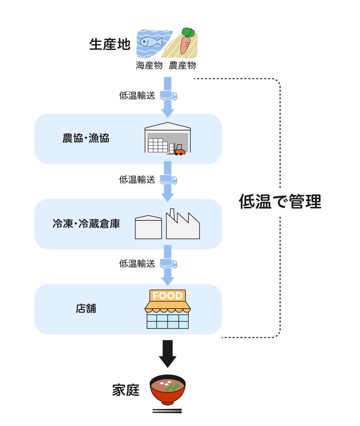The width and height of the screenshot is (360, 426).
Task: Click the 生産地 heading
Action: [110, 45]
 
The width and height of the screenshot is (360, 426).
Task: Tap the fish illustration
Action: [151, 41]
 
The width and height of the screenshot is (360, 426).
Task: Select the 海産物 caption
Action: [149, 65]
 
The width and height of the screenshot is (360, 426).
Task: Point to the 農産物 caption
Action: [182, 65]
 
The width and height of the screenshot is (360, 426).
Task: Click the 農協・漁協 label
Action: [86, 138]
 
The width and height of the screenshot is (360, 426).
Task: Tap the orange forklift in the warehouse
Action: [180, 150]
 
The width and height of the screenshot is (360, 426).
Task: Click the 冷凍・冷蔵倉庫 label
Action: [86, 224]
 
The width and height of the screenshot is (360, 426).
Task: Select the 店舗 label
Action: [86, 309]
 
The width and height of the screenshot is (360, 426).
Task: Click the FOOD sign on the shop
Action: [168, 296]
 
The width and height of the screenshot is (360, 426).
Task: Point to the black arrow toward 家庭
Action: [168, 353]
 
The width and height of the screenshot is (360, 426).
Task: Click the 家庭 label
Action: [126, 390]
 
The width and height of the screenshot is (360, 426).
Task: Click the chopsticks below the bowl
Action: [167, 411]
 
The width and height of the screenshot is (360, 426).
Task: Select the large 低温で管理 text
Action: [280, 201]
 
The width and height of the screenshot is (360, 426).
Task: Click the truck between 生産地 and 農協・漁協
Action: [169, 96]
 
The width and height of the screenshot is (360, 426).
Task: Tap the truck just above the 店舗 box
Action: [169, 264]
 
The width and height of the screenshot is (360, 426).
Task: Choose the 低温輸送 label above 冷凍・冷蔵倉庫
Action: [137, 180]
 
